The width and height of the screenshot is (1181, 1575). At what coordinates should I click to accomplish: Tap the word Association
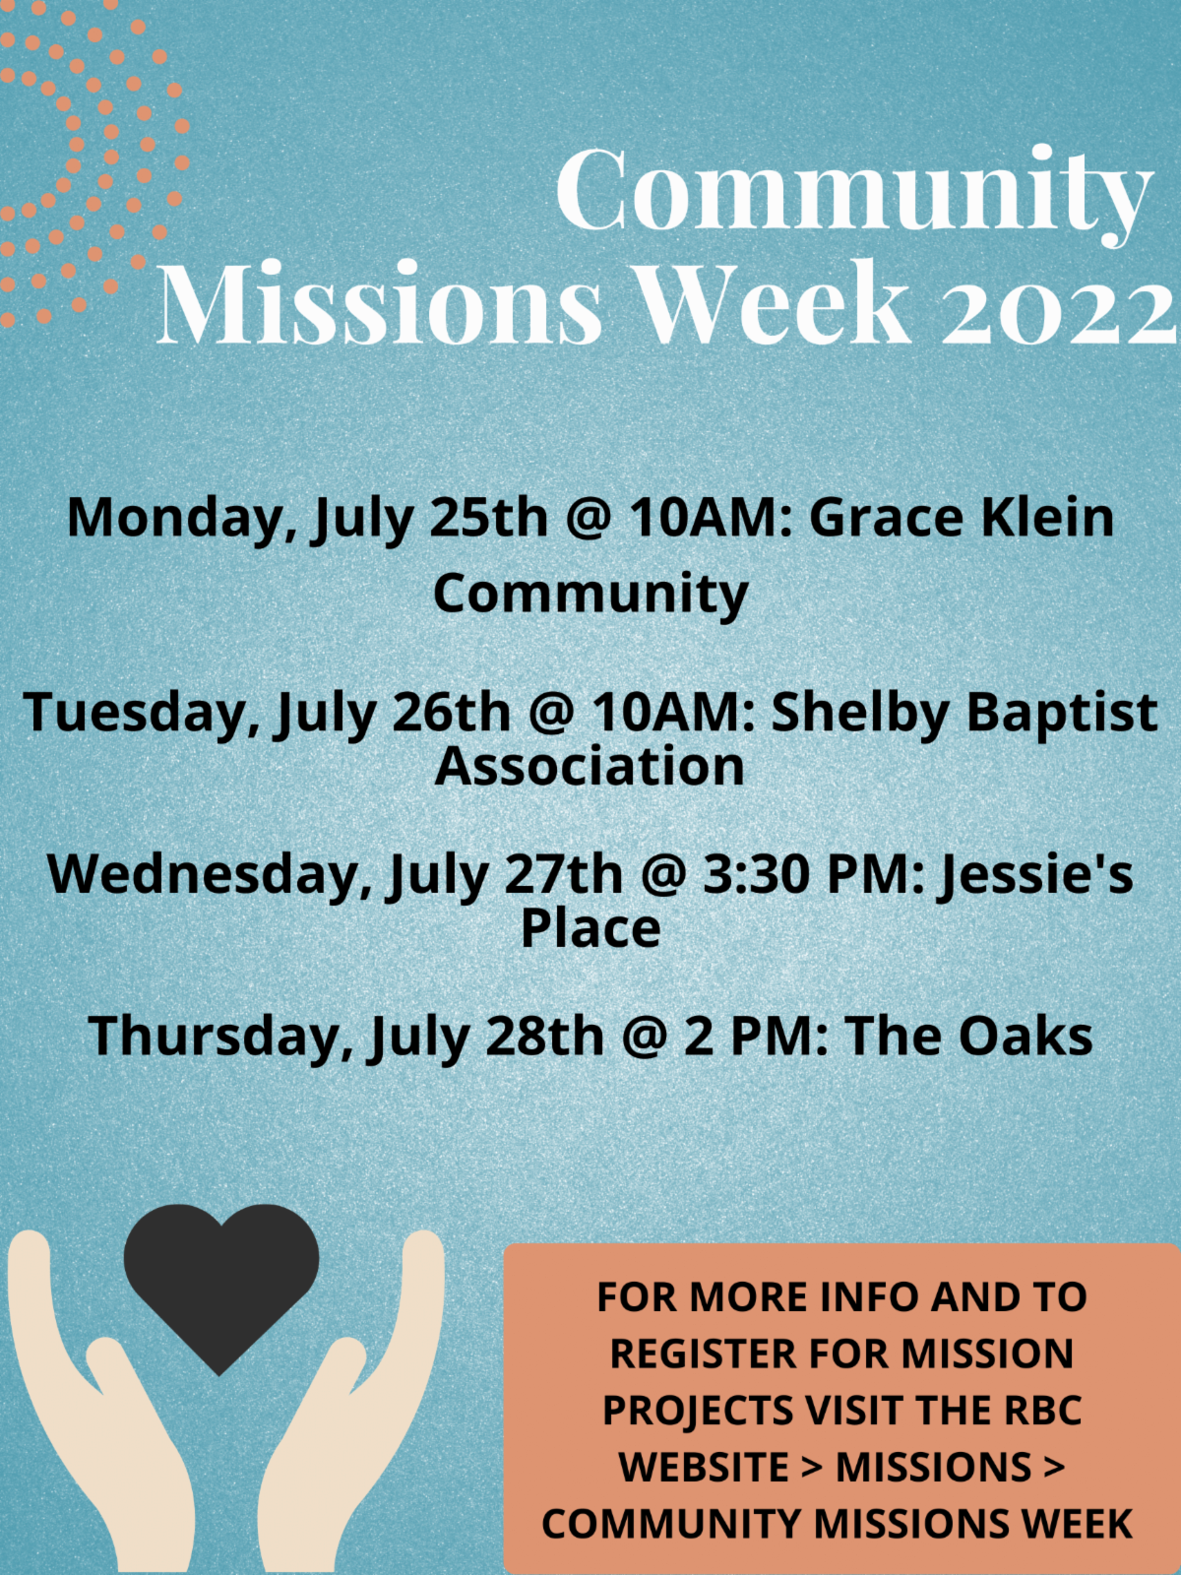(590, 766)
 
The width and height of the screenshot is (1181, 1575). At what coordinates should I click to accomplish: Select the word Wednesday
(209, 875)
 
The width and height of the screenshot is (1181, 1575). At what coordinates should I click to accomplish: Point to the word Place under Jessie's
(590, 928)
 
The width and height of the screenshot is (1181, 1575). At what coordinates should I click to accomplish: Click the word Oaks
(1026, 1037)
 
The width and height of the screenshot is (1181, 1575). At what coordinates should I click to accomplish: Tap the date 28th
(545, 1037)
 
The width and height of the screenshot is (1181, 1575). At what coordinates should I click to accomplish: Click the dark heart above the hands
(220, 1288)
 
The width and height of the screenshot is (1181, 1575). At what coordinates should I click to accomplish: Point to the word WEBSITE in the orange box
(704, 1467)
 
